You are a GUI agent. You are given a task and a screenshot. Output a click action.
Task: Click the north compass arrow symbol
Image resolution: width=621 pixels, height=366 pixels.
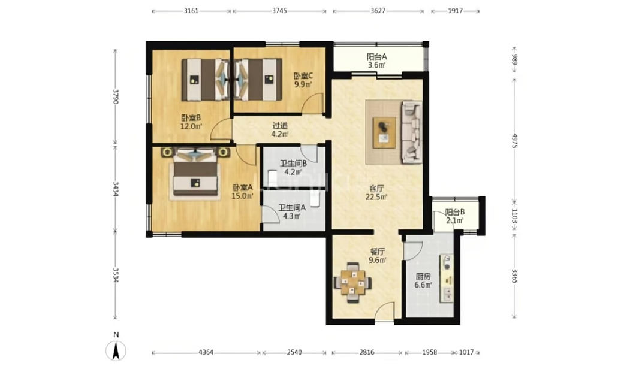116,350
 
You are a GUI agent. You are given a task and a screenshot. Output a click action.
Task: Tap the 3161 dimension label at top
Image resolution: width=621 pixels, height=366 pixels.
191,11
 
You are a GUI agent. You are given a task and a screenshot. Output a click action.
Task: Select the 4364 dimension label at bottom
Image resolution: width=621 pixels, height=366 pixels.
206,352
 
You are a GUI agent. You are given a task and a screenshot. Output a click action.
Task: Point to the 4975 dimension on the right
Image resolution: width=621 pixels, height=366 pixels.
514,141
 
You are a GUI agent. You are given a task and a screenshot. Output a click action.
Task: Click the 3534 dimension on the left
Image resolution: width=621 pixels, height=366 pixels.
115,276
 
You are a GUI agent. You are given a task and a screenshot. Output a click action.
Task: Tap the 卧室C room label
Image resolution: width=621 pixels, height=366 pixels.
303,75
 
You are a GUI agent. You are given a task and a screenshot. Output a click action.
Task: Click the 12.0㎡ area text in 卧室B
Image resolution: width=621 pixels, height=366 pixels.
191,126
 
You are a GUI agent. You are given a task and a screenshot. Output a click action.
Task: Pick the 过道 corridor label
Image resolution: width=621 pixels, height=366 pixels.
280,125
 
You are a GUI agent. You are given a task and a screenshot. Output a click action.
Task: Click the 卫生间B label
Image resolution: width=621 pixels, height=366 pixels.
294,163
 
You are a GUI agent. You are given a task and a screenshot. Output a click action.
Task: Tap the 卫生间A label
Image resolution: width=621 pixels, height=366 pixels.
292,207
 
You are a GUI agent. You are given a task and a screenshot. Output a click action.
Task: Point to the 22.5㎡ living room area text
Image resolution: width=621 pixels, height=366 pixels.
376,197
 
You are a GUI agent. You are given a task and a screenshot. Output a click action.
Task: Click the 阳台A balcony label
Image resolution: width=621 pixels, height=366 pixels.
376,56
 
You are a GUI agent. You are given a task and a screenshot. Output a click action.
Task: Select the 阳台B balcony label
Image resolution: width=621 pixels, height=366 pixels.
454,213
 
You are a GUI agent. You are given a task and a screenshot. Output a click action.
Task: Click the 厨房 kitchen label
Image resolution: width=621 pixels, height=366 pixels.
423,277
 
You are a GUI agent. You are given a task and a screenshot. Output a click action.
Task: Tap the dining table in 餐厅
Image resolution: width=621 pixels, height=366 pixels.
353,283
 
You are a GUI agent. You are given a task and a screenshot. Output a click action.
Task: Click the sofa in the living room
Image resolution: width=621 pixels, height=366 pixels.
412,132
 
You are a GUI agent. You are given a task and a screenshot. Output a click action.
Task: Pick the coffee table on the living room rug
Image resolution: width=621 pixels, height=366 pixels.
384,132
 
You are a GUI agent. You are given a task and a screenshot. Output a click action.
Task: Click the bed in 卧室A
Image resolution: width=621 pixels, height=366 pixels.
195,173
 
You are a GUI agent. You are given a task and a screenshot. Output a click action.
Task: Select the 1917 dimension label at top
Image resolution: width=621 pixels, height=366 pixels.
456,11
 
